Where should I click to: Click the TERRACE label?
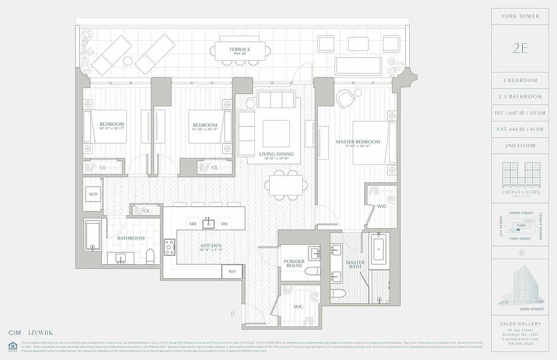pos(240,49)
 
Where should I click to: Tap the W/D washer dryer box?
pos(93,194)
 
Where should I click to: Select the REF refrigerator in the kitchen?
pos(232,271)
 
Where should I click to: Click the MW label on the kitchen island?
pos(193,224)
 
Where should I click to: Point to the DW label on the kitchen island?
pos(224,224)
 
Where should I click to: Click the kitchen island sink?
pos(208,223)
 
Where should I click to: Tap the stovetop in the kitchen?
pos(170,247)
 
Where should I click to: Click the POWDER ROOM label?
pos(294,263)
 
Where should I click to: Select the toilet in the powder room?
pos(312,271)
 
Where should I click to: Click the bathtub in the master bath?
pos(379,249)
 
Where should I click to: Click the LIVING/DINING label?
pos(276,154)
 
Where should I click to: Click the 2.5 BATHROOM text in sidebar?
pos(520,97)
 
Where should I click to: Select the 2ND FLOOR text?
pos(520,146)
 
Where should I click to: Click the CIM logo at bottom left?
pos(16,333)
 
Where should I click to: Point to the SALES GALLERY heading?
pos(520,324)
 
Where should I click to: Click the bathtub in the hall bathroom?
pos(93,234)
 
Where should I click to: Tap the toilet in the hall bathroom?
pos(150,257)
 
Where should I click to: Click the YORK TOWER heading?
pos(520,16)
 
